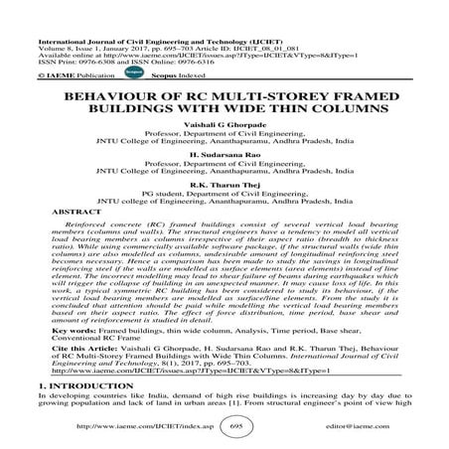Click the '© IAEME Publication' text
pyautogui.click(x=49, y=73)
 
